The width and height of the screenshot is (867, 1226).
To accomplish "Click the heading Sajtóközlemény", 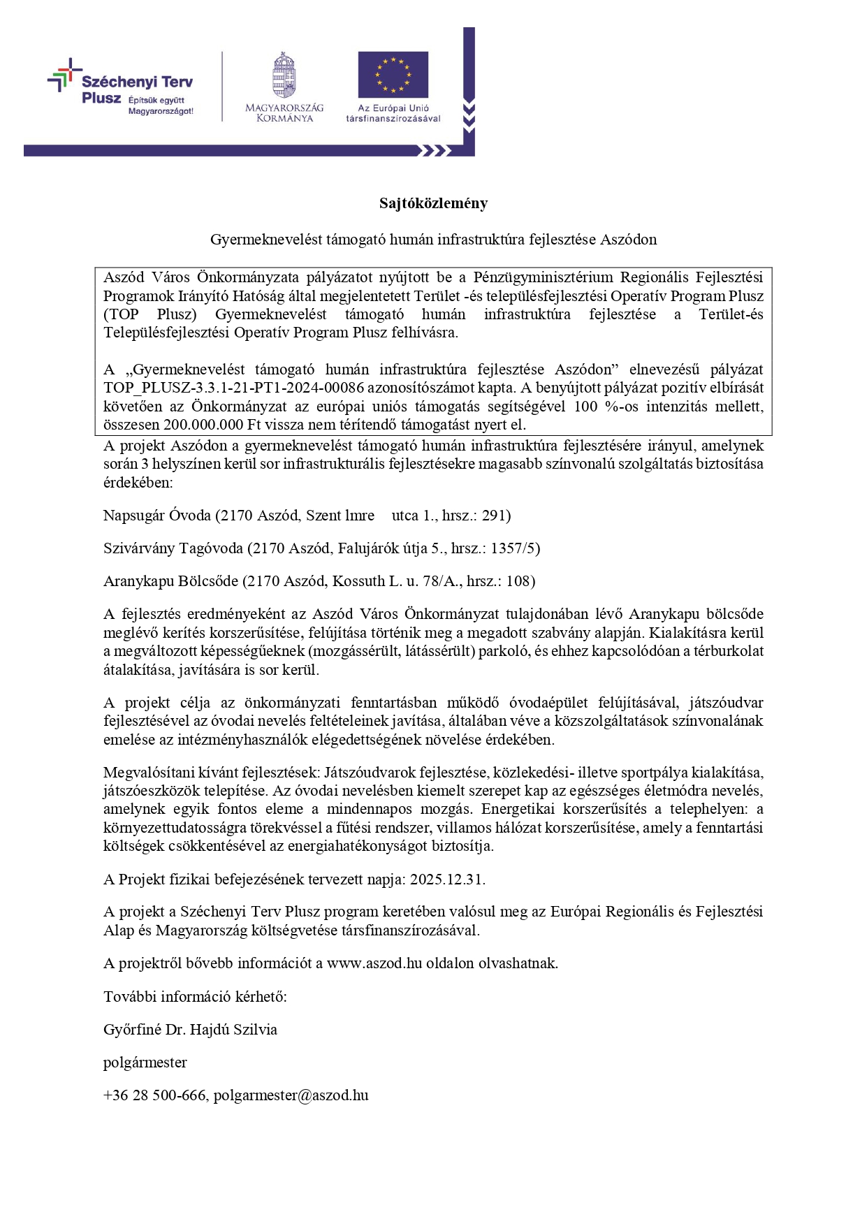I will pyautogui.click(x=433, y=203).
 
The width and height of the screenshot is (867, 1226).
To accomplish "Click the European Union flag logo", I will pyautogui.click(x=393, y=74).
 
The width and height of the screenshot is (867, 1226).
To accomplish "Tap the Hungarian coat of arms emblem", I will pyautogui.click(x=284, y=75).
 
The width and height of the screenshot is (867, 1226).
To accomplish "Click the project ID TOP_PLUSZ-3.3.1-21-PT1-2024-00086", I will pyautogui.click(x=233, y=388).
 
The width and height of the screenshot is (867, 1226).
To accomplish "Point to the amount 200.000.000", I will pyautogui.click(x=203, y=425).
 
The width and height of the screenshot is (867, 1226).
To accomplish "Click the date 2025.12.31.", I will pyautogui.click(x=447, y=879).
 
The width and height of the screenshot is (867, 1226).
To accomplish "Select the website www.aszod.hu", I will pyautogui.click(x=374, y=963).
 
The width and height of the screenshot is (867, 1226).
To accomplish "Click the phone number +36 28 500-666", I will pyautogui.click(x=154, y=1095).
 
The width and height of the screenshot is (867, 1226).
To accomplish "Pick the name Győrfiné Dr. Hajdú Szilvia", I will pyautogui.click(x=190, y=1030).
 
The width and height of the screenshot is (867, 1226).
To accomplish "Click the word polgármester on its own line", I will pyautogui.click(x=145, y=1063).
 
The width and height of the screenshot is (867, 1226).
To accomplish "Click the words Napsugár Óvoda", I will pyautogui.click(x=156, y=516).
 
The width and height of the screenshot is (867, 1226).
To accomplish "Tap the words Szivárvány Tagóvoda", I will pyautogui.click(x=173, y=548).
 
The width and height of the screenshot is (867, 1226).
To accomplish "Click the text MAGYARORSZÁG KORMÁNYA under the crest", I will pyautogui.click(x=284, y=113).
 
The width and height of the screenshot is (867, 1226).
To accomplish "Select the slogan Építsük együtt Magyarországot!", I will pyautogui.click(x=160, y=106).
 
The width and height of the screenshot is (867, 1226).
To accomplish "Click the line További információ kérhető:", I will pyautogui.click(x=195, y=997).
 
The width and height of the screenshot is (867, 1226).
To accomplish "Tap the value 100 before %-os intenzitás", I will pyautogui.click(x=585, y=407).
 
